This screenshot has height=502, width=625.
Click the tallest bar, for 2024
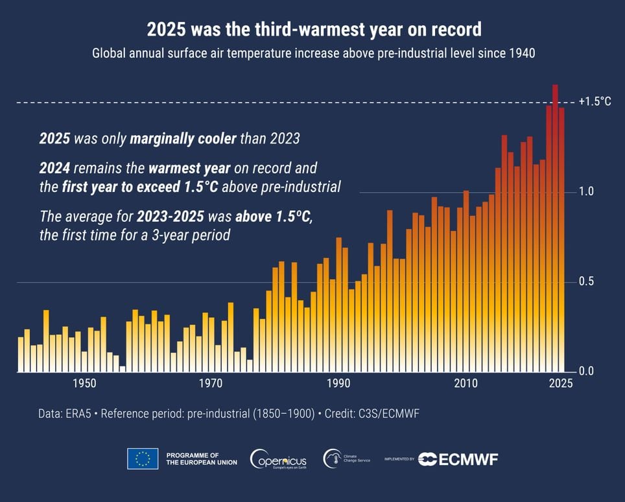[555, 227]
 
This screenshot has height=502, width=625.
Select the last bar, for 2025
[561, 240]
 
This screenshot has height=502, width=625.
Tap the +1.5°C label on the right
[595, 102]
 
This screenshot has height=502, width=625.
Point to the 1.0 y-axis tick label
[587, 192]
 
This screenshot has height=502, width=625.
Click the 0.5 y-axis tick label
[587, 282]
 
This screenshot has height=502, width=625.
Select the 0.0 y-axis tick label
[587, 372]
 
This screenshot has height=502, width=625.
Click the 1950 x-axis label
[84, 383]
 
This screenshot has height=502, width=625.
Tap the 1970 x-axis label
[211, 383]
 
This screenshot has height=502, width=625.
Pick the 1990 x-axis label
[338, 383]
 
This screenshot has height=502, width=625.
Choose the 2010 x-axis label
[466, 383]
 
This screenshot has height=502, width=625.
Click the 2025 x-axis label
[560, 383]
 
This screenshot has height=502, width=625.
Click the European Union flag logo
[143, 459]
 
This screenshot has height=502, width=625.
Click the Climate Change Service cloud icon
[333, 458]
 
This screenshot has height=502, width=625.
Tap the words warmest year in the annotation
[189, 169]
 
